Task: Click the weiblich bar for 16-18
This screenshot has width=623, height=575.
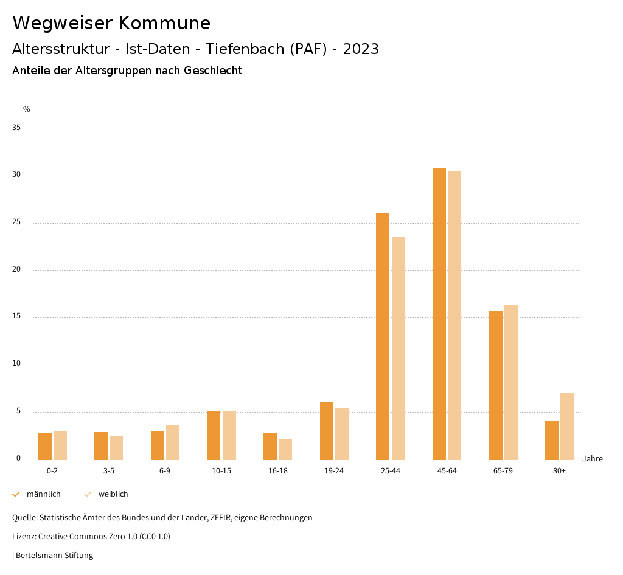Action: click(x=285, y=449)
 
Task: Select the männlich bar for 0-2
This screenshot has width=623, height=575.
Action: click(x=45, y=446)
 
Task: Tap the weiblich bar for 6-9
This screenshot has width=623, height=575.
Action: click(x=173, y=442)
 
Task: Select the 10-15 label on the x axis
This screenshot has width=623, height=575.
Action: click(x=221, y=471)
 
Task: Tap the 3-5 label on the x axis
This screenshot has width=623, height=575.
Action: click(x=109, y=471)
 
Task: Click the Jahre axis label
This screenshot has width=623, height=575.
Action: click(x=592, y=459)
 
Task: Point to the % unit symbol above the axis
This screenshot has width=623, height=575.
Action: click(x=27, y=109)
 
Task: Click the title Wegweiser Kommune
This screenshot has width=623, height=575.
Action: click(x=111, y=23)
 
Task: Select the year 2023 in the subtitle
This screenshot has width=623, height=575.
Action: click(x=361, y=49)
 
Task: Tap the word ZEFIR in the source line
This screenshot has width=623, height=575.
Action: click(x=222, y=518)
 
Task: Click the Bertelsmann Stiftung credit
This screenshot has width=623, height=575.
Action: click(x=54, y=556)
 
